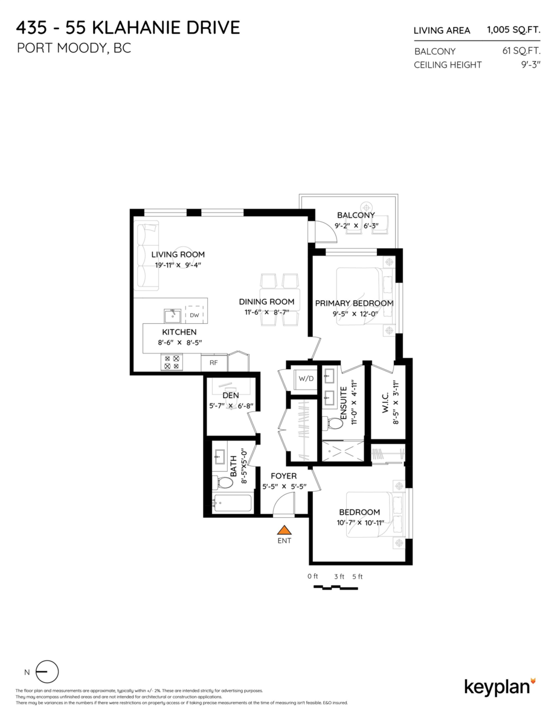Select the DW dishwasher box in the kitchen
coord(194,315)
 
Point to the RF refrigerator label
coord(213,362)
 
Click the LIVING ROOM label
coord(178,254)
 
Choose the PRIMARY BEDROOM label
coord(354,303)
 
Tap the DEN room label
coord(231,396)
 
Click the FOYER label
coord(283,476)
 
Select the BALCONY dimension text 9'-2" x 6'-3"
coord(356,226)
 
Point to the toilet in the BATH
coord(225,483)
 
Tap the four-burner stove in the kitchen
coord(172,362)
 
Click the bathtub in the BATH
coord(233,503)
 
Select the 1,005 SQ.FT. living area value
coord(513,30)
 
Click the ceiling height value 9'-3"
coord(530,65)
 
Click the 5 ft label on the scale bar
coord(357,576)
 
